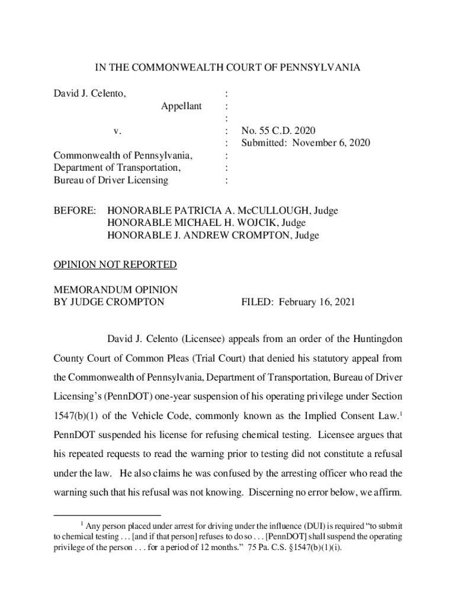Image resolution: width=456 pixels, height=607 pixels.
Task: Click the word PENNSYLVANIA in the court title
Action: (322, 68)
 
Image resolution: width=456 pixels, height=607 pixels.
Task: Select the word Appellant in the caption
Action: (181, 106)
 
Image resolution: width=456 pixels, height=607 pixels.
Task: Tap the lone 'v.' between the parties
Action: (118, 131)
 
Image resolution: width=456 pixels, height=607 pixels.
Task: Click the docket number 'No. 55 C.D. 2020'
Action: (278, 131)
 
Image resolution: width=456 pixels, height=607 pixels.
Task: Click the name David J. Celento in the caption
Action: (89, 93)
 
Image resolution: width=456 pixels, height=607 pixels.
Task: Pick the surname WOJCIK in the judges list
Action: (253, 223)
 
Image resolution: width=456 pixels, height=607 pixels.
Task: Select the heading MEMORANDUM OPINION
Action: (115, 290)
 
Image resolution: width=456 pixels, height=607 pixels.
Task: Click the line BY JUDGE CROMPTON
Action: (109, 302)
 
